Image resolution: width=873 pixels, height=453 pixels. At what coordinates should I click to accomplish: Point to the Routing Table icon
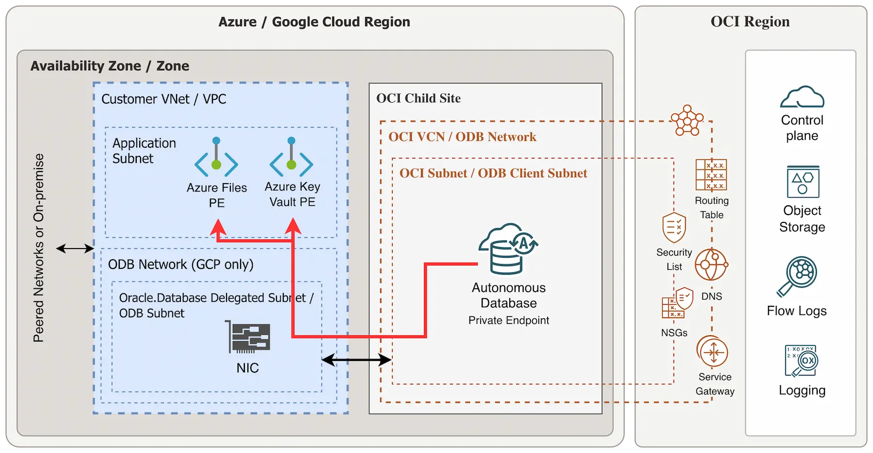coord(711,174)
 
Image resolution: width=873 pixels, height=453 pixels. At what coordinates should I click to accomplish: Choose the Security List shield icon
coord(674,227)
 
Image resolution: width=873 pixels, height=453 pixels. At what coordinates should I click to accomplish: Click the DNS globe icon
coord(711,265)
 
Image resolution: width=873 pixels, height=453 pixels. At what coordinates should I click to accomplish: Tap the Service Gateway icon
coord(712,352)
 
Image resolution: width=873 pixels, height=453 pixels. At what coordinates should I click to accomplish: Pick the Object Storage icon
coord(803,182)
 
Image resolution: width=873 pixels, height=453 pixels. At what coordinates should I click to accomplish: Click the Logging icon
coord(801,361)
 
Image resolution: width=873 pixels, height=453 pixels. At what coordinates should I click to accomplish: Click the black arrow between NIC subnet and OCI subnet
coord(356,359)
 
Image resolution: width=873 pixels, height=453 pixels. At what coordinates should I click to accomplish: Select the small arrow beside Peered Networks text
coord(75,249)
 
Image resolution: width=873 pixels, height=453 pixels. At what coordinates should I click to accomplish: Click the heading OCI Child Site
coord(418,98)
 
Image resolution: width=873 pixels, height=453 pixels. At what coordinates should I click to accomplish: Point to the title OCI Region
coord(750,22)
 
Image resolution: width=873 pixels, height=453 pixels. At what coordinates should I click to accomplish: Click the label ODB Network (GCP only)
coord(180,265)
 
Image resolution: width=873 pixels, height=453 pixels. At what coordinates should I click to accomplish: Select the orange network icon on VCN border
coord(687,121)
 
